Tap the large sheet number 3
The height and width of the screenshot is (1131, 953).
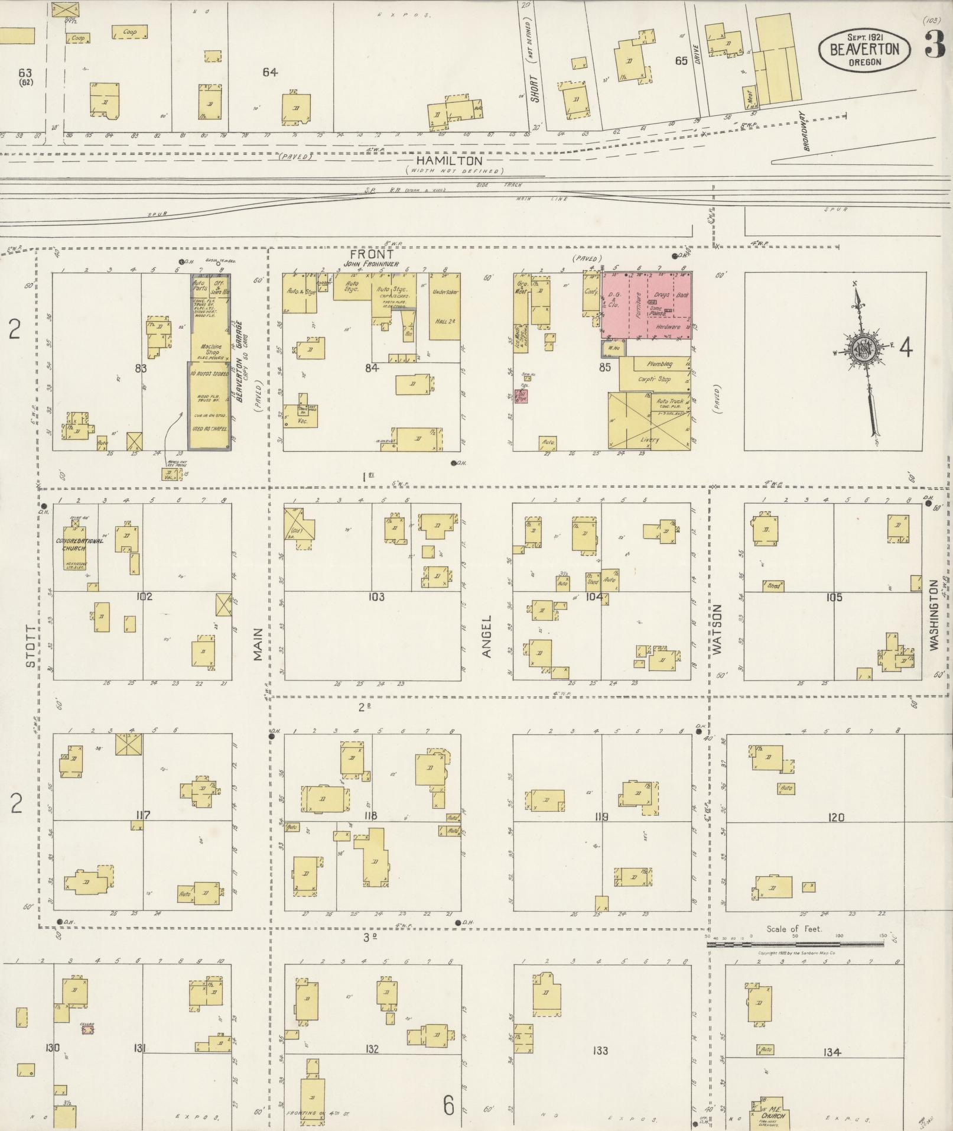tap(934, 44)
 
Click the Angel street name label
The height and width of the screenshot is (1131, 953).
tap(486, 636)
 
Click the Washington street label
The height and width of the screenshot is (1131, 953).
tap(934, 615)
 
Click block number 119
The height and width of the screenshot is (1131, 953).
tap(601, 818)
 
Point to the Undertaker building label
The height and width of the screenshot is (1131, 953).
tap(444, 292)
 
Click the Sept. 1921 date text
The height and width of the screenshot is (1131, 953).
tap(864, 37)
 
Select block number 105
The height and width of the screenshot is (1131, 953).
tap(834, 597)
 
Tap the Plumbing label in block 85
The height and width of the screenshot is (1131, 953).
tap(659, 364)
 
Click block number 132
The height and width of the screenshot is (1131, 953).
tap(372, 1049)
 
